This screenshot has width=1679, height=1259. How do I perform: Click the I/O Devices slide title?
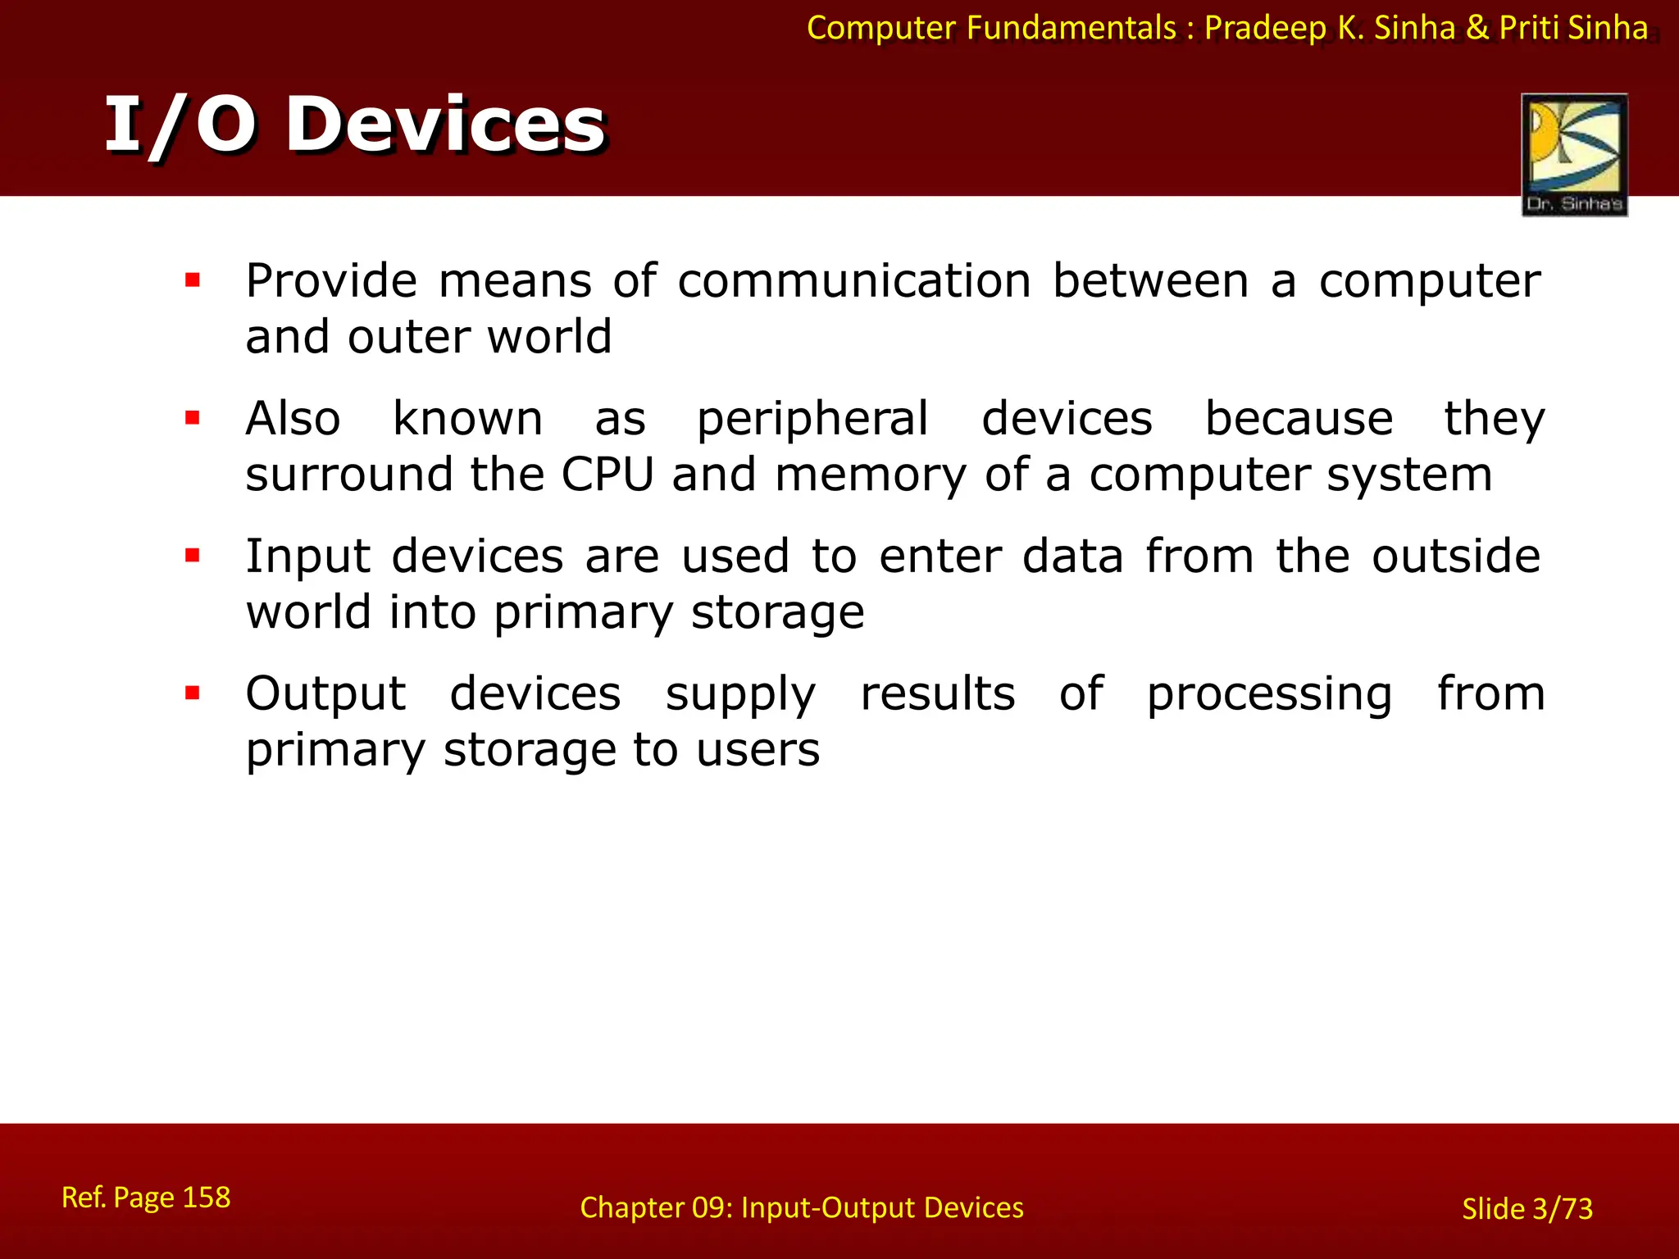(354, 125)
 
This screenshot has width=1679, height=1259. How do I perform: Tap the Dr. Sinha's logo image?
(1574, 154)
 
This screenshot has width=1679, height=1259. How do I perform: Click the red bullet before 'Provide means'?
(193, 281)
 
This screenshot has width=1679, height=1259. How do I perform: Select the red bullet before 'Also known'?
(193, 419)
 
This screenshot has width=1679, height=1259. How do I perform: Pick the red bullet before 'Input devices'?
(193, 557)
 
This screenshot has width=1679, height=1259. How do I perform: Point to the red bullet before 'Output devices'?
(193, 694)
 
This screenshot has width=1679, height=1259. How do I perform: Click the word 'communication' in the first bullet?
(853, 281)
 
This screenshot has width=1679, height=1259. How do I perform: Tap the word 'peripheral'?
(812, 419)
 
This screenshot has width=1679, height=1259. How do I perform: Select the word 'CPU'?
(607, 475)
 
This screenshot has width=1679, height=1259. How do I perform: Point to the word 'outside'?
(1456, 557)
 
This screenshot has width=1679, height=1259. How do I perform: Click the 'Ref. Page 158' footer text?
(146, 1198)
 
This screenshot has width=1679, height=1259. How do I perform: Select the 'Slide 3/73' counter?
(1527, 1209)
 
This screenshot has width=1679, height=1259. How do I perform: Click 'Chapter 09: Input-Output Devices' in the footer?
(801, 1207)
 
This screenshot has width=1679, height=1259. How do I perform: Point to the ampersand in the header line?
(1477, 28)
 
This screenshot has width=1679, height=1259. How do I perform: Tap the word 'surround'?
(349, 475)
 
